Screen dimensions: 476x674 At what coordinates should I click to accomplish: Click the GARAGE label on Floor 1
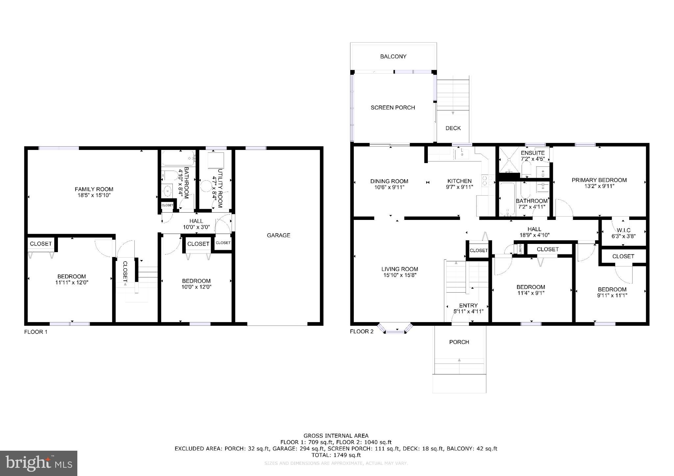278,235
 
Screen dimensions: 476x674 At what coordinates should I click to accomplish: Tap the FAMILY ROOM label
94,189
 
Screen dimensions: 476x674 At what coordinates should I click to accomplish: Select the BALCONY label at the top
393,57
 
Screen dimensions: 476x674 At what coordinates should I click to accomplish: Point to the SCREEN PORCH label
393,107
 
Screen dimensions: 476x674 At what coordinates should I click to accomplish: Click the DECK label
453,128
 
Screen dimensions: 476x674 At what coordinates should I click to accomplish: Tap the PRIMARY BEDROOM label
599,180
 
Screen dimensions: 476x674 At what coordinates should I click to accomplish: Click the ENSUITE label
532,153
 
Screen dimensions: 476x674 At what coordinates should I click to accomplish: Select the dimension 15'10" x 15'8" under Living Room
400,275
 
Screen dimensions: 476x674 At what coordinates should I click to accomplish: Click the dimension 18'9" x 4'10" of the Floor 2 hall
534,235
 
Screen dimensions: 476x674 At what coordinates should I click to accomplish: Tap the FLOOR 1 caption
36,332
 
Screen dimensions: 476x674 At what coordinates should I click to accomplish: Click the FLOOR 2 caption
361,331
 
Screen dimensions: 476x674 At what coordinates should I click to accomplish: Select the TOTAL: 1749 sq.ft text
336,455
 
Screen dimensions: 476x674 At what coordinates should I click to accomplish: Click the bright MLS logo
39,463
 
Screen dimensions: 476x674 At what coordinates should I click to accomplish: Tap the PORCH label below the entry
459,342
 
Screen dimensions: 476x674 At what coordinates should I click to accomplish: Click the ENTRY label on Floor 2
468,305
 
